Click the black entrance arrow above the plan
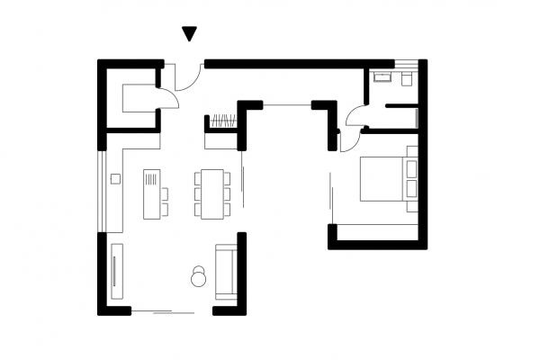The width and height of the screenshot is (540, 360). click(189, 34)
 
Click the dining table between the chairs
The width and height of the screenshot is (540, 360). click(212, 193)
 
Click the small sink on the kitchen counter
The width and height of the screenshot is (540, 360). click(115, 179)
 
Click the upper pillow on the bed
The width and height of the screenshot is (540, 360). click(412, 167)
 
